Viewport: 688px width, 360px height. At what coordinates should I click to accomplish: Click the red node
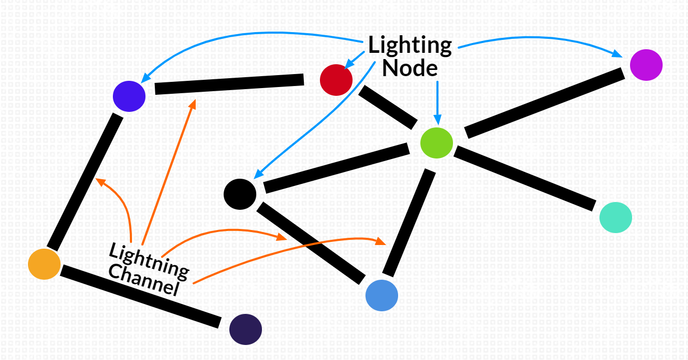(x=336, y=80)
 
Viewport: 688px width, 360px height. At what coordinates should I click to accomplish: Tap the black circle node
(x=240, y=194)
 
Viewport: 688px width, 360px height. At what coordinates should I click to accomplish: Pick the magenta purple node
(x=646, y=65)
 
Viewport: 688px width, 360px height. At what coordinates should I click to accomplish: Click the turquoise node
(x=616, y=217)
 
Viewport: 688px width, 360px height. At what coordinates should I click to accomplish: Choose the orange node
(x=44, y=264)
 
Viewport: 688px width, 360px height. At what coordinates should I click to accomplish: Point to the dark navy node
(x=245, y=329)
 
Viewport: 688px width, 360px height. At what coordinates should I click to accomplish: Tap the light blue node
(x=382, y=295)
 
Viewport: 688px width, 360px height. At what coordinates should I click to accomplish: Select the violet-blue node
(x=129, y=96)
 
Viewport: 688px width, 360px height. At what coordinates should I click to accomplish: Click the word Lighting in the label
(x=410, y=46)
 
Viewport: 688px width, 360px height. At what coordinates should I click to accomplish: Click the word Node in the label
(x=410, y=68)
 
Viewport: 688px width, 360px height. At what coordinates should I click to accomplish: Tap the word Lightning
(x=149, y=258)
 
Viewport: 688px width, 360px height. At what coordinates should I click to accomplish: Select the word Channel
(x=144, y=280)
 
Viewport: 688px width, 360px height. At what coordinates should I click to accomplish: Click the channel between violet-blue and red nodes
(x=229, y=84)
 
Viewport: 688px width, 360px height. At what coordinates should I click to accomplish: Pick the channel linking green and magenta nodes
(x=545, y=103)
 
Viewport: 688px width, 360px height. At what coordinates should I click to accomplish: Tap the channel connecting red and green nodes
(x=388, y=107)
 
